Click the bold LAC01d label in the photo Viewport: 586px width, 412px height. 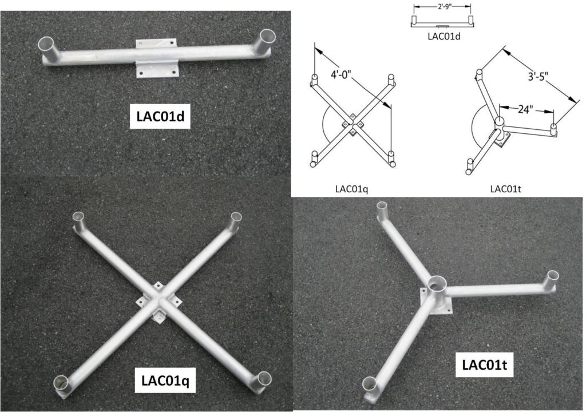tap(160, 116)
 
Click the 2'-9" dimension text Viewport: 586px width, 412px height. tap(444, 7)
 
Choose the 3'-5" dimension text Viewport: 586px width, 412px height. tap(538, 77)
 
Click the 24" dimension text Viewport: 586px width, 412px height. tap(525, 109)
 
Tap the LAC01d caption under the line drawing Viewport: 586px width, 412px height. tap(444, 36)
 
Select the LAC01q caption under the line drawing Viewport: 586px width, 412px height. tap(352, 189)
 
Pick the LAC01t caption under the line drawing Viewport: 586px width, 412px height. tap(506, 189)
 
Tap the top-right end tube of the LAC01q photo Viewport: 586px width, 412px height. tap(236, 220)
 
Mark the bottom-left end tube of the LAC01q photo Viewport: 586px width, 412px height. tap(61, 383)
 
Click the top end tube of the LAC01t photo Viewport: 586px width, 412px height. tap(383, 209)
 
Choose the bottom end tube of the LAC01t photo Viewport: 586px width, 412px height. tap(370, 385)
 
